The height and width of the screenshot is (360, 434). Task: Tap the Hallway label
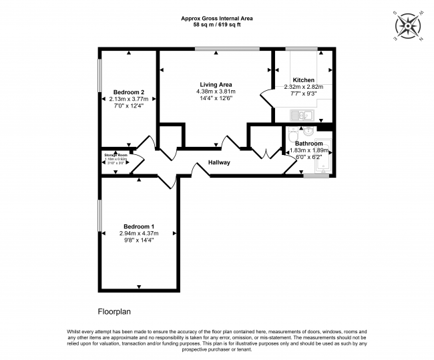pos(219,162)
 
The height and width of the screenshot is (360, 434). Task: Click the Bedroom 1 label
pos(140,226)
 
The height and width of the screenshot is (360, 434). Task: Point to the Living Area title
pos(216,85)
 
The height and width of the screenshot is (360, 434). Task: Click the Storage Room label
pos(115,154)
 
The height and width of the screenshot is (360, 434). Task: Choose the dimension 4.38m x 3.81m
pos(216,92)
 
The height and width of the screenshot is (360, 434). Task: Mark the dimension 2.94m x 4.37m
pos(140,233)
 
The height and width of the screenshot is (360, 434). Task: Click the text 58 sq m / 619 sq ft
pos(216,25)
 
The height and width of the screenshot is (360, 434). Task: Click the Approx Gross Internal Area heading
pos(216,18)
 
